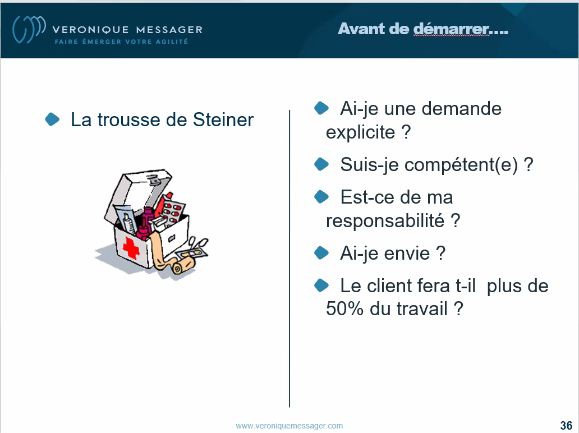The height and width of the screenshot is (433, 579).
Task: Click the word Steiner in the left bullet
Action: tap(223, 119)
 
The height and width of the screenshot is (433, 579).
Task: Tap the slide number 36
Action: tap(566, 425)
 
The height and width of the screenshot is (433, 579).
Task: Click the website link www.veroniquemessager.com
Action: tap(289, 426)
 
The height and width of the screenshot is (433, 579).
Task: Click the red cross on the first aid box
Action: tap(131, 248)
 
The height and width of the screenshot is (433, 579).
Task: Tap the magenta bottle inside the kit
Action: tap(145, 223)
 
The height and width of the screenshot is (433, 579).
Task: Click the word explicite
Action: tap(360, 132)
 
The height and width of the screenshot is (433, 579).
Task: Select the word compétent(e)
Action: tap(429, 164)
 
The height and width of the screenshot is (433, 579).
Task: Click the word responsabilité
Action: tap(385, 221)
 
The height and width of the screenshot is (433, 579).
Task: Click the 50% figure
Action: tap(344, 308)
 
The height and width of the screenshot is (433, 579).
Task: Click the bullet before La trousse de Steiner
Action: tap(52, 119)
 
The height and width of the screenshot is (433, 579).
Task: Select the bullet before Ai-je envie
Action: tap(321, 253)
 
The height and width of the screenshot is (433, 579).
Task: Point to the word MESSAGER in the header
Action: tap(169, 30)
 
